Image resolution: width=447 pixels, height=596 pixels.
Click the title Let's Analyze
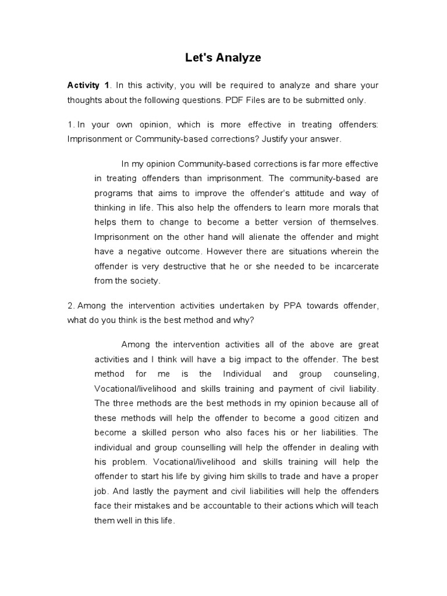(223, 58)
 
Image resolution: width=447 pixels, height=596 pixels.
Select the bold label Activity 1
(88, 86)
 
